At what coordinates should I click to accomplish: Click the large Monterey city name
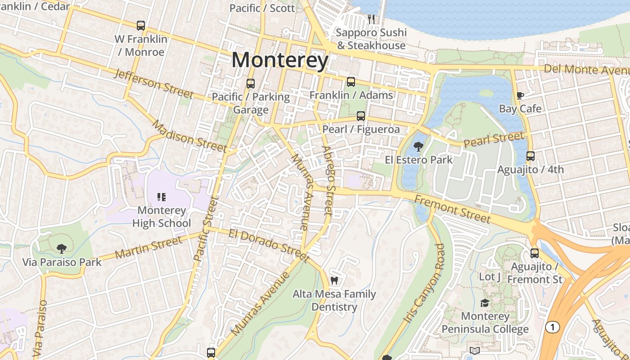point(280,60)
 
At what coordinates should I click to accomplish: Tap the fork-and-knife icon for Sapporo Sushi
point(371,19)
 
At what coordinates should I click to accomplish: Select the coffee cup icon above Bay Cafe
point(520,95)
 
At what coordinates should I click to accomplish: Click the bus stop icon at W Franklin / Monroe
point(141,26)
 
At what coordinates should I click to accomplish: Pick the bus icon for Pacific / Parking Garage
point(251,84)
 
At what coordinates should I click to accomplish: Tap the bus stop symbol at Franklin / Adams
point(351,82)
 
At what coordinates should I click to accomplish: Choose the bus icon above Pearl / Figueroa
point(361,116)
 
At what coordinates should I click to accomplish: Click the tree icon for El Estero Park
point(418,146)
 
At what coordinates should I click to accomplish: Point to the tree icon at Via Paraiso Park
point(62,248)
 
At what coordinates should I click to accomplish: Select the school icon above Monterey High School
point(162,197)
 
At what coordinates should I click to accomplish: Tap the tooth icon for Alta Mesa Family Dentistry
point(334,280)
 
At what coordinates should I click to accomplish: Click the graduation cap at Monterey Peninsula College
point(485,303)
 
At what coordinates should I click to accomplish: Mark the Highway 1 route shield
point(552,327)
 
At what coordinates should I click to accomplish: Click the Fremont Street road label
point(452,209)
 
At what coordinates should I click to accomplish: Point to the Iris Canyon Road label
point(424,283)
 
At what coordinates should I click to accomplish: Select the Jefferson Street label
point(153,84)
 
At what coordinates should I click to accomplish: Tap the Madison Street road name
point(189,136)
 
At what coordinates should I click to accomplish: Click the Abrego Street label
point(329,180)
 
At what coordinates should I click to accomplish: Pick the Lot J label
point(490,277)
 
